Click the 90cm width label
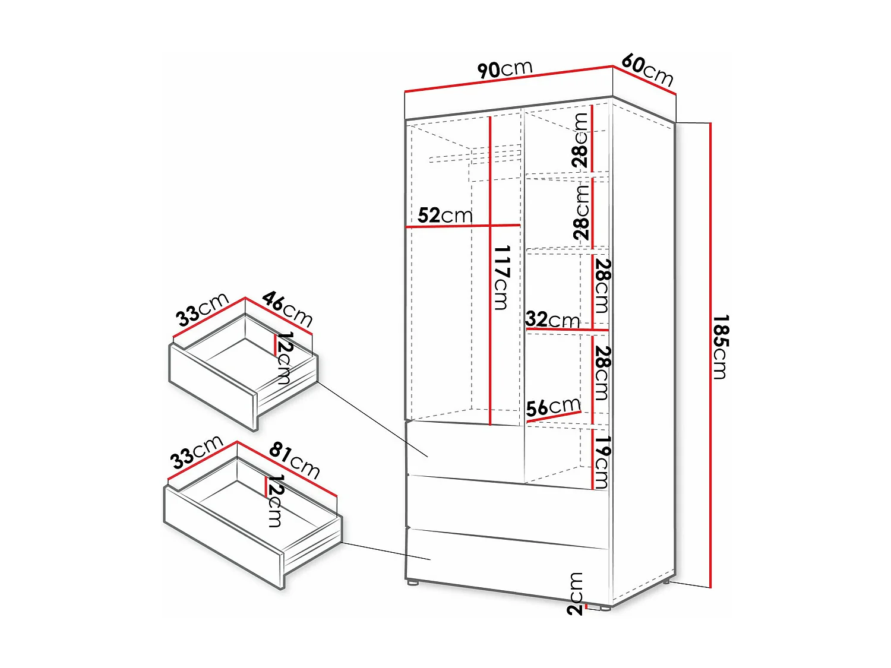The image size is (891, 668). (505, 69)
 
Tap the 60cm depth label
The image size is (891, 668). (647, 70)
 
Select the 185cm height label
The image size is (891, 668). (721, 347)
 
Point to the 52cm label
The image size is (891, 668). (444, 215)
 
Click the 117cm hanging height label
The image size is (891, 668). (501, 277)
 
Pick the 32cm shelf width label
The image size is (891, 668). (552, 319)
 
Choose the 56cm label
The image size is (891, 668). (553, 407)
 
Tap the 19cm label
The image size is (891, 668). (602, 462)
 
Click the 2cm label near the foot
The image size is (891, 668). (575, 594)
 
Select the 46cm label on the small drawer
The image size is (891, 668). (287, 308)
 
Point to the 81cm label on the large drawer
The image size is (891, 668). (295, 460)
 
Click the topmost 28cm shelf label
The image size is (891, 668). (580, 140)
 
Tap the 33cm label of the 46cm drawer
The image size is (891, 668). (202, 309)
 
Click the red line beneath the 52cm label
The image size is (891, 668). (463, 226)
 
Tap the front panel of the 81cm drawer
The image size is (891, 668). (223, 537)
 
